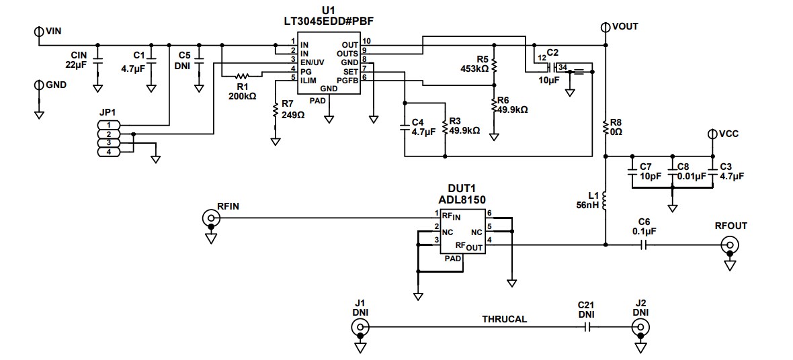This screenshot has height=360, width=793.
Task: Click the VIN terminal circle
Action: pos(38,31)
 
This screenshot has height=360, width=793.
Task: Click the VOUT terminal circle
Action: pos(606,27)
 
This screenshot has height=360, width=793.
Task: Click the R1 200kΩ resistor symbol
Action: pos(242,75)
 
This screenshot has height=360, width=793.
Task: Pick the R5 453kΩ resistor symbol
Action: pos(494,65)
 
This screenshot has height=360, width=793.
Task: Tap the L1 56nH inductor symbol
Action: pos(606,200)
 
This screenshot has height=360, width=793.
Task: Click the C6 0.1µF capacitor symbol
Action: pos(644,245)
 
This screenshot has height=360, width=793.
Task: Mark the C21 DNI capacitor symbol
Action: pos(587,328)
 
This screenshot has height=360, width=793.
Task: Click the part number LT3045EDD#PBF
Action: pos(328,21)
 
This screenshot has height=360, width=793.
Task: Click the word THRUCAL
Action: pos(504,319)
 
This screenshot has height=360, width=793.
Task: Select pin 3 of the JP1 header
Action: pos(109,143)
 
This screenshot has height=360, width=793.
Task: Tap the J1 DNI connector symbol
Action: pos(360,328)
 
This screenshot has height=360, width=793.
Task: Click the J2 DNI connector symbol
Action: pos(641,328)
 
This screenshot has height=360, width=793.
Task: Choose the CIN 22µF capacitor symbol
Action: pos(97,59)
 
